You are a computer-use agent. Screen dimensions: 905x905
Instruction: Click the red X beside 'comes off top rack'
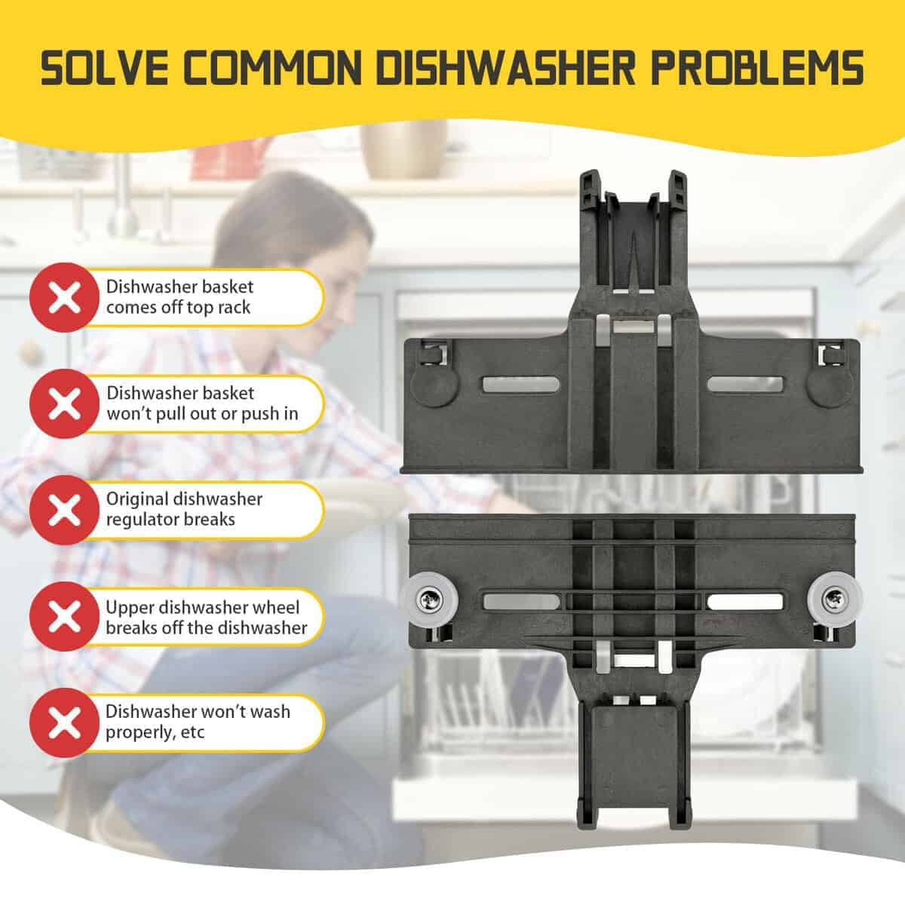pyautogui.click(x=64, y=297)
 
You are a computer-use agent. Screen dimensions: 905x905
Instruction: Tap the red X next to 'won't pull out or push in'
pyautogui.click(x=64, y=403)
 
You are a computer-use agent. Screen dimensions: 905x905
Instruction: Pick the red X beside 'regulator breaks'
pyautogui.click(x=64, y=510)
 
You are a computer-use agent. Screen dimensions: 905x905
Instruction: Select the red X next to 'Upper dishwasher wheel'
pyautogui.click(x=64, y=616)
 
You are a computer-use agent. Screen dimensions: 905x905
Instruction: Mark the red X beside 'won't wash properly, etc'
pyautogui.click(x=64, y=722)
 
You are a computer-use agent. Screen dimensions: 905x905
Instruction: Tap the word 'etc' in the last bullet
pyautogui.click(x=194, y=732)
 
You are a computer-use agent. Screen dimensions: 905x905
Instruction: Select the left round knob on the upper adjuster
pyautogui.click(x=434, y=384)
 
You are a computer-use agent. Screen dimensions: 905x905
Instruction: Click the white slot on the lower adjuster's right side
pyautogui.click(x=745, y=602)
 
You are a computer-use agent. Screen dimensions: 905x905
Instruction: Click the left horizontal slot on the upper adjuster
pyautogui.click(x=521, y=384)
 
